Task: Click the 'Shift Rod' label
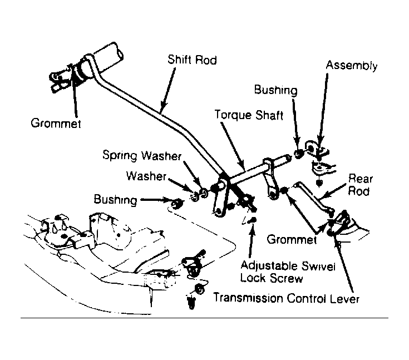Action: (192, 60)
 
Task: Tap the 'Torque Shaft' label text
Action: (249, 115)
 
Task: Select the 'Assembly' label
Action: (351, 65)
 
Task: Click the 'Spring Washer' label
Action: (142, 155)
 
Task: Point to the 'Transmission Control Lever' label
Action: (286, 298)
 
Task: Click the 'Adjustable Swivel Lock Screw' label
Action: (288, 272)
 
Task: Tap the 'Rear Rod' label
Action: (360, 185)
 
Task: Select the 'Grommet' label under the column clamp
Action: (56, 123)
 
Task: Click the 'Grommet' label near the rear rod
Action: (292, 239)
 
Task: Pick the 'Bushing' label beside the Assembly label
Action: (275, 90)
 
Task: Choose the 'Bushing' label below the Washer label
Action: (115, 200)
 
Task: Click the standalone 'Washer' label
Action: (146, 176)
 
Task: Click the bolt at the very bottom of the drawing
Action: (191, 302)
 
